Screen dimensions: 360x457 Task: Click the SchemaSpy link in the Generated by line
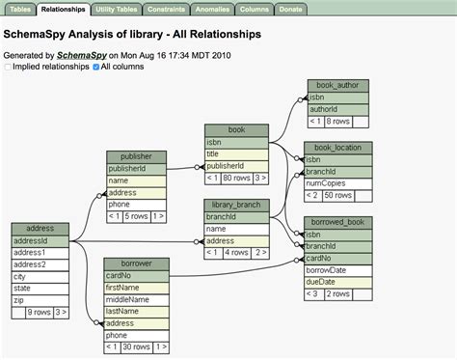81,55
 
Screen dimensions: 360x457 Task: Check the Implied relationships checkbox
9,68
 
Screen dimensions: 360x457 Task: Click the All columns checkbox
95,68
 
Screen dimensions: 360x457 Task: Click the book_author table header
338,86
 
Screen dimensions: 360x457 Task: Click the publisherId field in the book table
236,165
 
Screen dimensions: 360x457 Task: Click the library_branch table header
236,205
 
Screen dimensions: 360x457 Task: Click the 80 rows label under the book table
237,178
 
